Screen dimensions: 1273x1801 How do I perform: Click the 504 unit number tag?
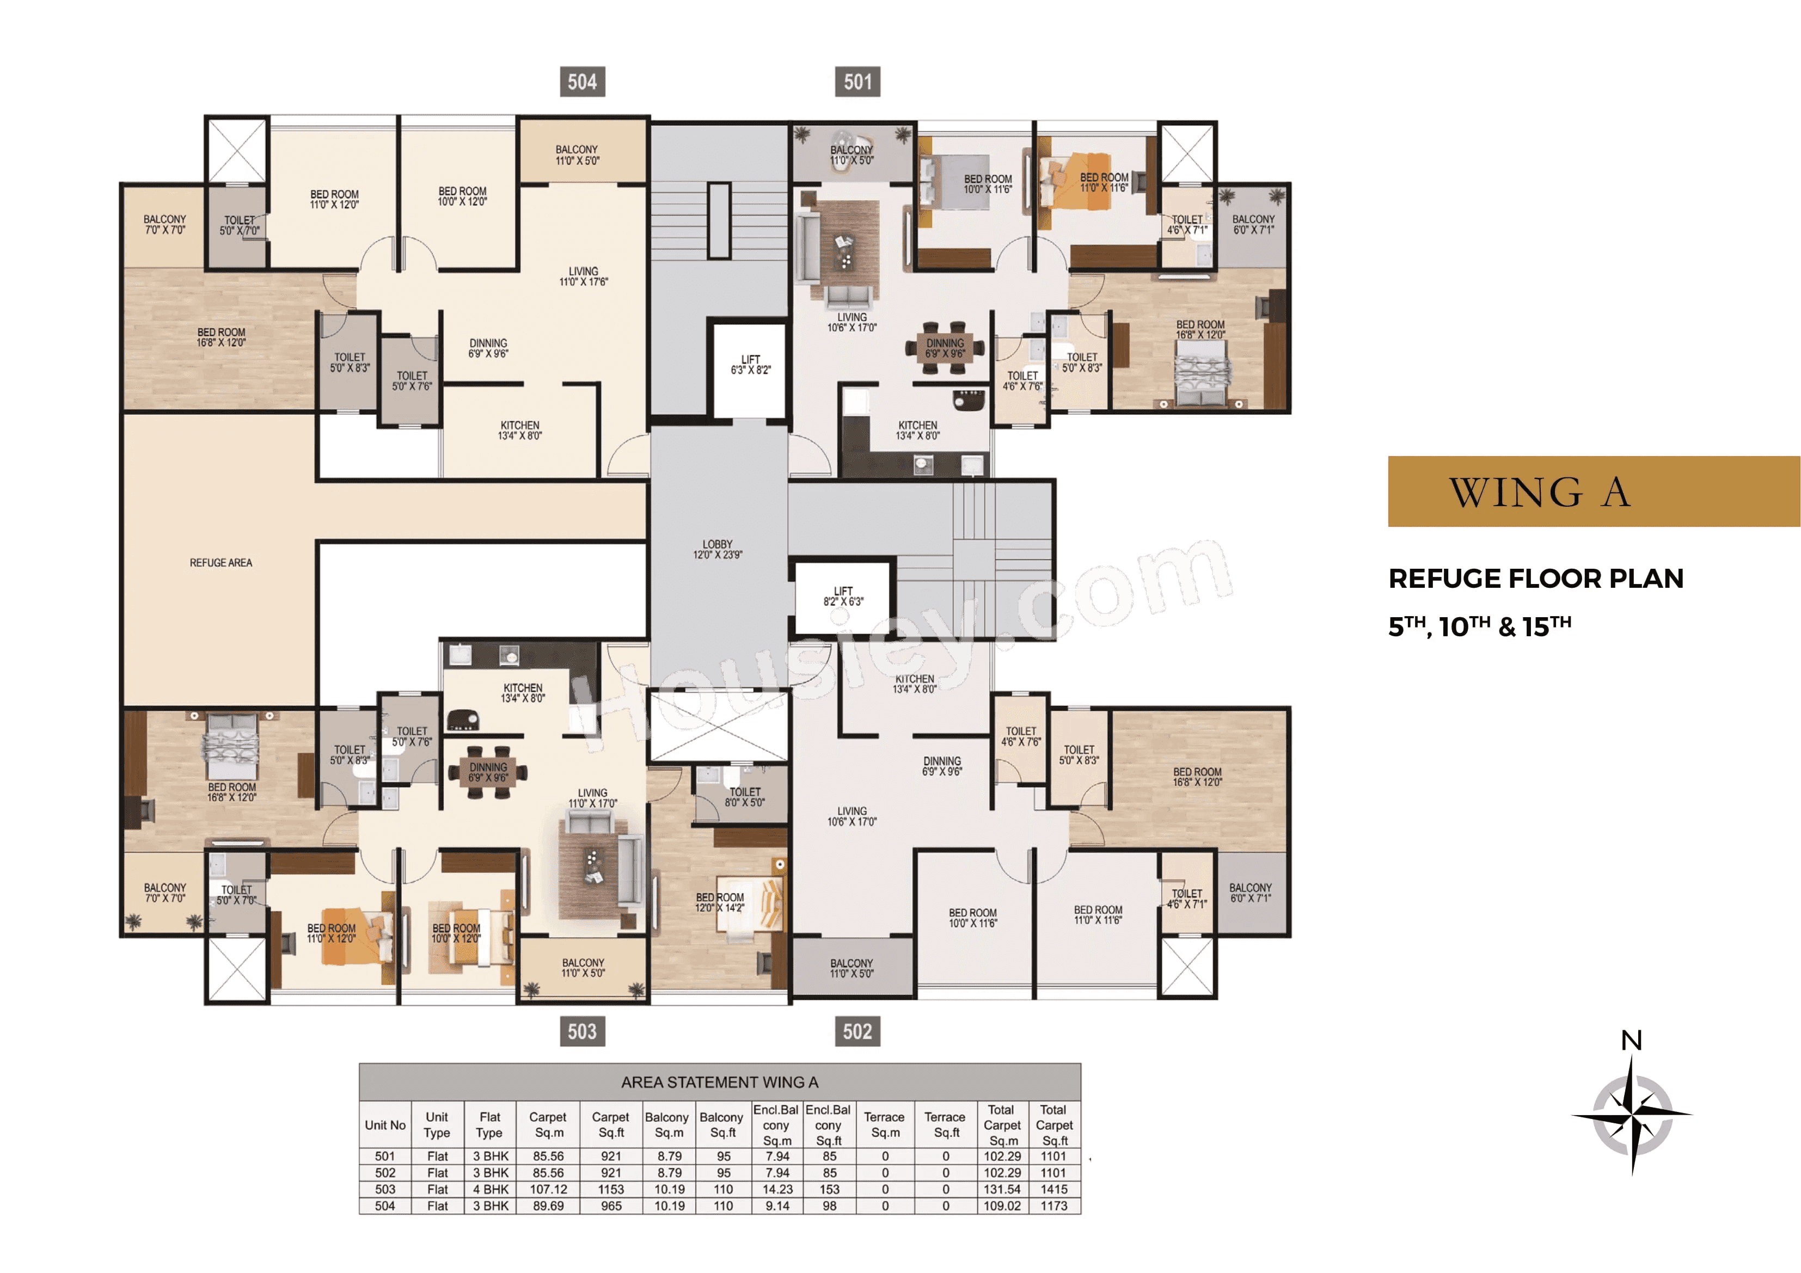(582, 82)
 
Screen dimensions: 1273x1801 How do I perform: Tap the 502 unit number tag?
(857, 1031)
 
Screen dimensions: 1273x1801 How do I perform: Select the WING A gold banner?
(1593, 492)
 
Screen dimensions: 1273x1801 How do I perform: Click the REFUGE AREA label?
(220, 562)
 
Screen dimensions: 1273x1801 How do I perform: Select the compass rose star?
(1632, 1114)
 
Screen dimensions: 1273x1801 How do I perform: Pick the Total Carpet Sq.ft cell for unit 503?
(1053, 1189)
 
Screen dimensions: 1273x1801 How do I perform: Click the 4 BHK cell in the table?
(490, 1189)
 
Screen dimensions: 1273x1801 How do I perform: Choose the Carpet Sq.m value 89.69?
(548, 1206)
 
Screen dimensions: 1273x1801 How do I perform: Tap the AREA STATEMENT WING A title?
(719, 1083)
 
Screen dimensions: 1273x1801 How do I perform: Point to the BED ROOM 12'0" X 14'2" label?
(719, 902)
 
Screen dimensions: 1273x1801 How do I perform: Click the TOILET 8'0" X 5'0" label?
(744, 797)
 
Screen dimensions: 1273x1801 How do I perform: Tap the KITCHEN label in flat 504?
(519, 430)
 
